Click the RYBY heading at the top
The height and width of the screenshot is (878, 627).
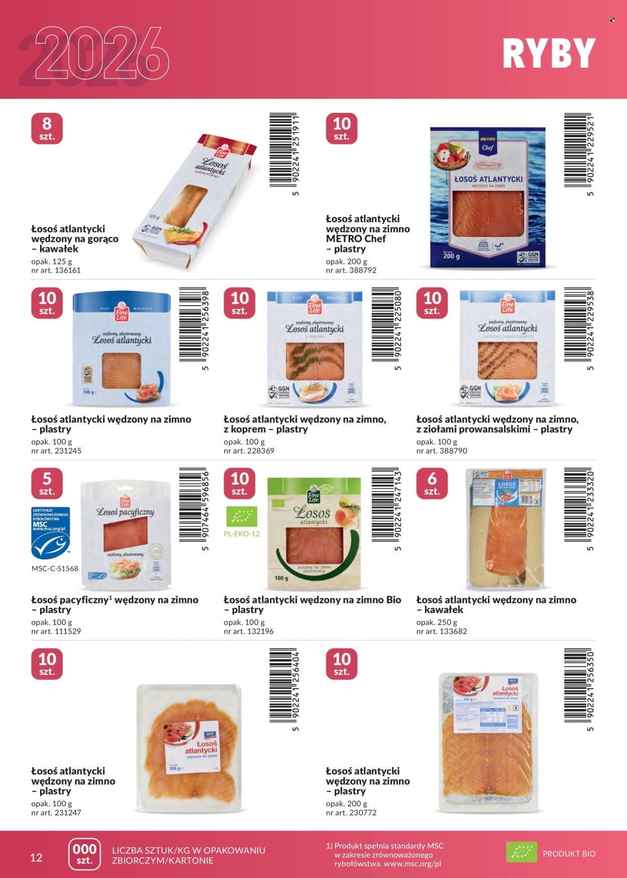(549, 54)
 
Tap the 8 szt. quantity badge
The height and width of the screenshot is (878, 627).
(47, 129)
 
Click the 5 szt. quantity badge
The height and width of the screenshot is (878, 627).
(47, 484)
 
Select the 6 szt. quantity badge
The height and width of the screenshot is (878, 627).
(432, 484)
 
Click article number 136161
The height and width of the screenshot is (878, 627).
(56, 270)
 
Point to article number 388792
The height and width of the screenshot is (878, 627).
(351, 270)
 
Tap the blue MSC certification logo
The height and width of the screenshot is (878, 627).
(50, 533)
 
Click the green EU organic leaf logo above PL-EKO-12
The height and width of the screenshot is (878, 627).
(241, 517)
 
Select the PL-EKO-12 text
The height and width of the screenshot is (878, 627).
(242, 534)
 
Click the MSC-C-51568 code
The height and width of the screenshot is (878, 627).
(55, 569)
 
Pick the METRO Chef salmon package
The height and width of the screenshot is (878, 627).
(488, 198)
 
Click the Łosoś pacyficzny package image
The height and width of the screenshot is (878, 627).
(125, 535)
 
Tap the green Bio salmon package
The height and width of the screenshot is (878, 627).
(314, 533)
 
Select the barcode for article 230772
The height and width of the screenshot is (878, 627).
(578, 685)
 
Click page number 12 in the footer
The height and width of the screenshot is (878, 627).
(36, 857)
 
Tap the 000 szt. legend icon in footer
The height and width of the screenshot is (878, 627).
(84, 854)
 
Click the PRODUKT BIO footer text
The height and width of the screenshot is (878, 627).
(569, 854)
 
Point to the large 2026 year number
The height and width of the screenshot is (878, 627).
(100, 54)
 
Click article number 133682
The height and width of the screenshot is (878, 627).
(442, 632)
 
